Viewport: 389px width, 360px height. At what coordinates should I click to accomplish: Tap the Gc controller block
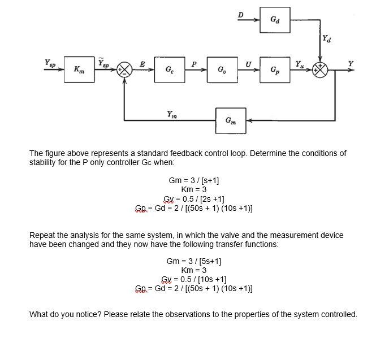169,69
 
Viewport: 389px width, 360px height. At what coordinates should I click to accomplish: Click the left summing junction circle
124,70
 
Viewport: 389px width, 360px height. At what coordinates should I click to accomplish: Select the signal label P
193,63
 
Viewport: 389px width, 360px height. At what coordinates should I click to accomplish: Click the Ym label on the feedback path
171,114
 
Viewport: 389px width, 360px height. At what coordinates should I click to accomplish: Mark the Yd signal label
327,39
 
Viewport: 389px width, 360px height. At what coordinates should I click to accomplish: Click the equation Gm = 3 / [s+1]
194,180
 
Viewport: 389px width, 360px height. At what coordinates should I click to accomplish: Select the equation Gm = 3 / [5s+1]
194,262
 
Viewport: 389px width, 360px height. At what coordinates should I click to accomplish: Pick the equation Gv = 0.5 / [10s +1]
194,279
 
